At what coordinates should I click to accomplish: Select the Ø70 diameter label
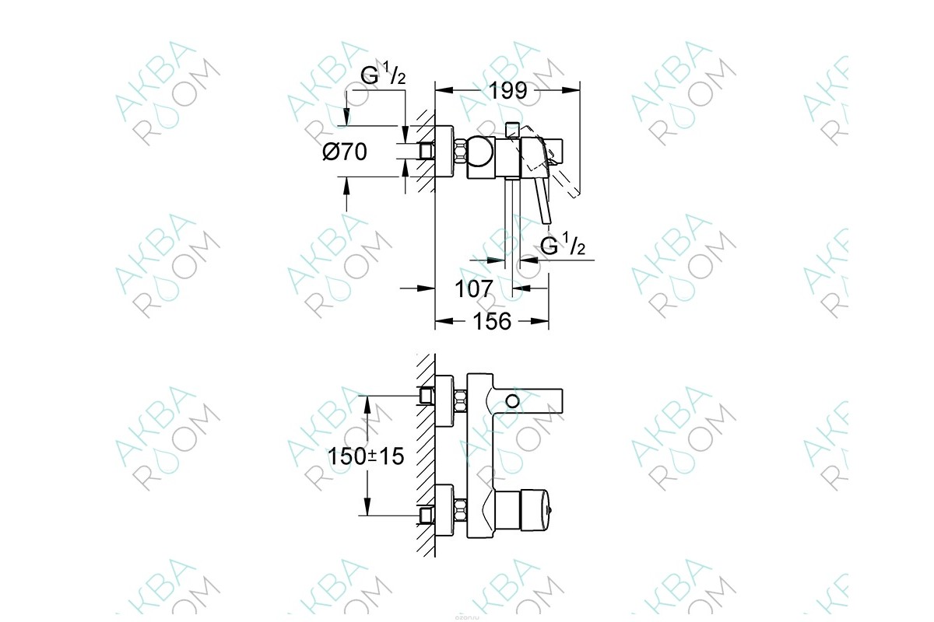point(345,152)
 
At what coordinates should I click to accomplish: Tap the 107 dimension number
point(474,288)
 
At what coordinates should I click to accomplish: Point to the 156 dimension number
point(492,320)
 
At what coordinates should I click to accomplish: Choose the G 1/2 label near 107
point(563,246)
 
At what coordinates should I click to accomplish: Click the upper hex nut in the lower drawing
point(460,400)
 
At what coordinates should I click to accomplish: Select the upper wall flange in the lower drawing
point(444,401)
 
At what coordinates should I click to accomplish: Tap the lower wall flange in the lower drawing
point(444,512)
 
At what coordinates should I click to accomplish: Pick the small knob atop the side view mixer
point(513,128)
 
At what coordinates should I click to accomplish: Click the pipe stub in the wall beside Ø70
point(425,151)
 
